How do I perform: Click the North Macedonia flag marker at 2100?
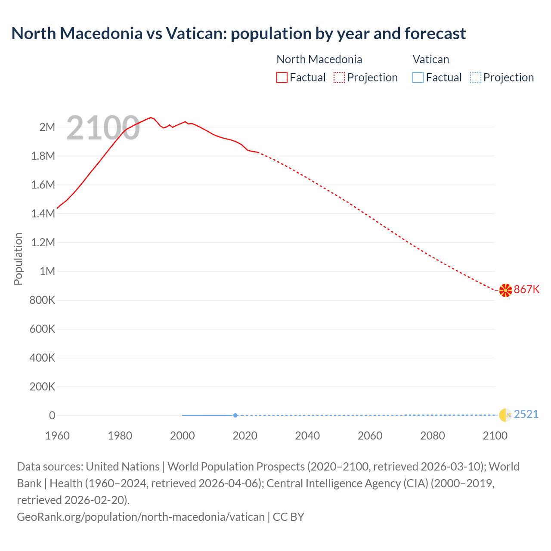click(x=505, y=290)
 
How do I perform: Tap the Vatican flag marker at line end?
click(x=505, y=415)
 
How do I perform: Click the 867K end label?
click(x=526, y=289)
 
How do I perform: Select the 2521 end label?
click(x=526, y=414)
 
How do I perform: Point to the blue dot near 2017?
click(x=235, y=415)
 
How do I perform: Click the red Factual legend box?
click(x=282, y=77)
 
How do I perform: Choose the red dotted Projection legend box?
click(x=339, y=77)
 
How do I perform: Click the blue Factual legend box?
click(x=418, y=77)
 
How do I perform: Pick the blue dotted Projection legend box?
click(x=475, y=77)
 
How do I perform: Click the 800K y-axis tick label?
click(x=42, y=300)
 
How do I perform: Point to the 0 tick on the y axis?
click(x=52, y=415)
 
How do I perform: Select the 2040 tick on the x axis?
click(x=307, y=436)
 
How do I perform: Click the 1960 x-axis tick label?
click(x=57, y=436)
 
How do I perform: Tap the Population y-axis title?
click(x=18, y=259)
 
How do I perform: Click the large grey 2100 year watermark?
click(x=103, y=128)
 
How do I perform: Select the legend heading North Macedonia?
click(x=319, y=59)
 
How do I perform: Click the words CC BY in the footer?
click(x=288, y=517)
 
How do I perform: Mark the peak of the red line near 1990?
click(x=151, y=117)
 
